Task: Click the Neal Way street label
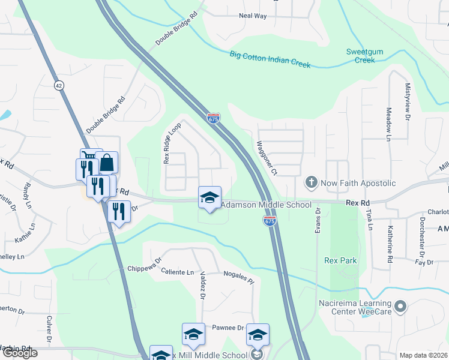pos(253,16)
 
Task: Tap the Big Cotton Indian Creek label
pos(270,60)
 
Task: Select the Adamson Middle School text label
pos(267,205)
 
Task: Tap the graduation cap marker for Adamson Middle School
pos(209,197)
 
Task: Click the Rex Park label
pos(340,260)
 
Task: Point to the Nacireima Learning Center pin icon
pos(402,307)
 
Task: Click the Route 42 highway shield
pos(58,85)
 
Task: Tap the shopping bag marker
pos(106,163)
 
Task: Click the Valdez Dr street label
pos(203,284)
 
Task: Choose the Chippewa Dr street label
pos(145,265)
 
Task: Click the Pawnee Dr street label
pos(228,328)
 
